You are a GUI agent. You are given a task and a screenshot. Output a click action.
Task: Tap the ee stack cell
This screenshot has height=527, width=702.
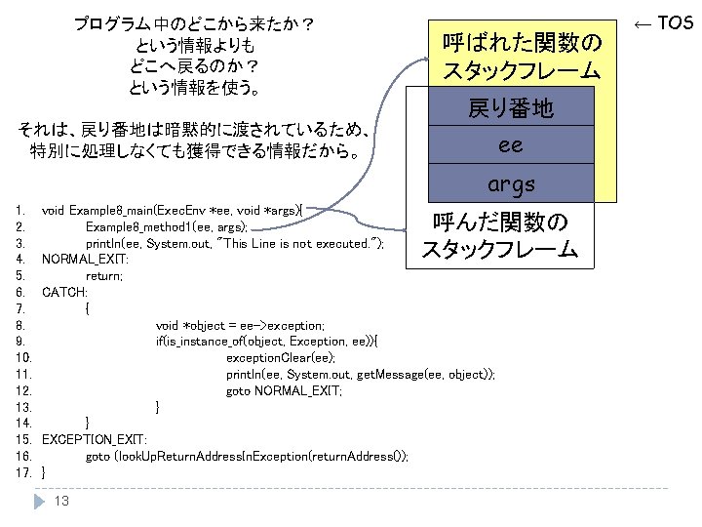[x=511, y=146]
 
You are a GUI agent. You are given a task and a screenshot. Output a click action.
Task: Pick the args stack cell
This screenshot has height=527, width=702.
[x=511, y=184]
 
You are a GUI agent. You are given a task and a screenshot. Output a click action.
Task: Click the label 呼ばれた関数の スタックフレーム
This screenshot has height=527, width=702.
[x=522, y=56]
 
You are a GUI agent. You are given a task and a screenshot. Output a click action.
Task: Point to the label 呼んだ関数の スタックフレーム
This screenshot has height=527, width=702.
[x=499, y=236]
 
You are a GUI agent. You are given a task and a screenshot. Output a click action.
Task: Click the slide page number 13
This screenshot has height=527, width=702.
[x=61, y=501]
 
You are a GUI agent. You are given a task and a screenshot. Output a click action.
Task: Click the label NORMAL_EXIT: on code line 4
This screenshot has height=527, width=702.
[x=85, y=260]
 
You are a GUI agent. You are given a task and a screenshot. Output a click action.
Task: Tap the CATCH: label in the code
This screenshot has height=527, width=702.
[x=64, y=292]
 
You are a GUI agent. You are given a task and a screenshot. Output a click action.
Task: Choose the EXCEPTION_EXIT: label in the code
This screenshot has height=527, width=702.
[x=94, y=439]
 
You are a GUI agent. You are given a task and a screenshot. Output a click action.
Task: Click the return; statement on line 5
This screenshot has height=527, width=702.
[x=104, y=276]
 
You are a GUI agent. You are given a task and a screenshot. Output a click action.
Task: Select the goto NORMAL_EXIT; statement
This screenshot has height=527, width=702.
[x=284, y=390]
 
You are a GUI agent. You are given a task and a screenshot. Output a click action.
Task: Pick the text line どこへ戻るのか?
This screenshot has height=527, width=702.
[x=195, y=66]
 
